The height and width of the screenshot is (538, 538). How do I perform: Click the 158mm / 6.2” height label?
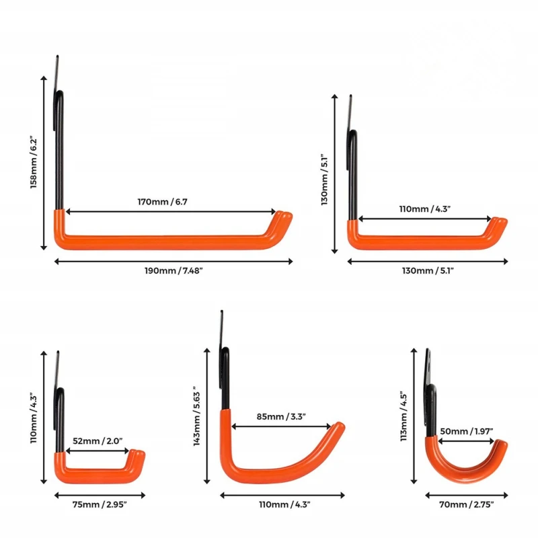click(x=33, y=163)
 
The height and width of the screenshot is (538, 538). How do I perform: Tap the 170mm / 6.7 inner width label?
click(x=162, y=202)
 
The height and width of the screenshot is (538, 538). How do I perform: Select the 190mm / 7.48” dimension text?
click(x=174, y=271)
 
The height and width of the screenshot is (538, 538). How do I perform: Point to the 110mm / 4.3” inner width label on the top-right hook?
click(x=424, y=209)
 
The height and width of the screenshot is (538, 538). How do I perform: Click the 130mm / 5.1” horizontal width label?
click(x=428, y=271)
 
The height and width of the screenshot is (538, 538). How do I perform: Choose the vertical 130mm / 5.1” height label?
click(x=324, y=180)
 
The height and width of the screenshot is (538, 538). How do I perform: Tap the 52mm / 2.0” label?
click(x=98, y=441)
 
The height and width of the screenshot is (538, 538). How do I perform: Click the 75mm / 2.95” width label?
click(x=100, y=505)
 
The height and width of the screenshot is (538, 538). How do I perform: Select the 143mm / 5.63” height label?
click(x=196, y=416)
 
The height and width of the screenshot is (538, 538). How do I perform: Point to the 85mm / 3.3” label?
click(x=281, y=416)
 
